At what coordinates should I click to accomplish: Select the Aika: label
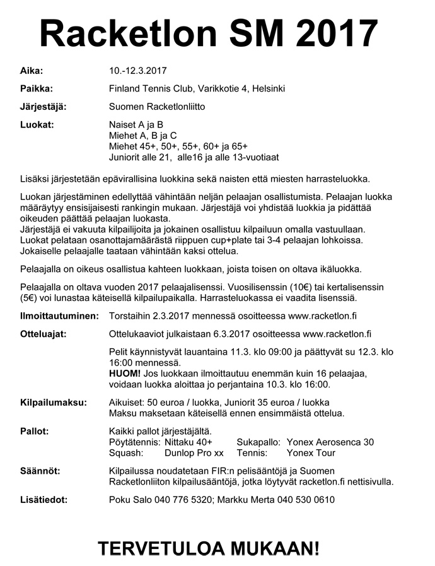click(x=32, y=71)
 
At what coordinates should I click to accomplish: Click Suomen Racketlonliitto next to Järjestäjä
click(x=157, y=107)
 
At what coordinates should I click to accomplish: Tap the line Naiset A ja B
click(x=136, y=125)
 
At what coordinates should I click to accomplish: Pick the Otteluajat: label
click(x=43, y=333)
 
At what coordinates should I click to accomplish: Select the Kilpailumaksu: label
click(x=54, y=403)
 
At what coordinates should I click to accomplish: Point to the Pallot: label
click(x=35, y=431)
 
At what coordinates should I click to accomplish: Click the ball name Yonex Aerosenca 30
click(x=330, y=442)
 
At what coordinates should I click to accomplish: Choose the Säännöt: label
click(x=40, y=471)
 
